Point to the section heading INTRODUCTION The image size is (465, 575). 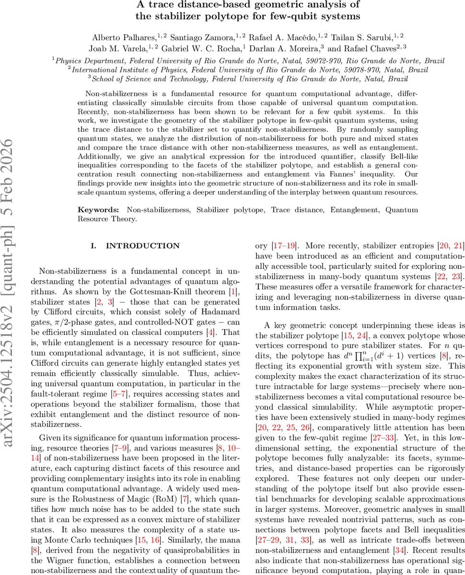(x=142, y=246)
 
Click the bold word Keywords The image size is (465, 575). (x=99, y=210)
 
